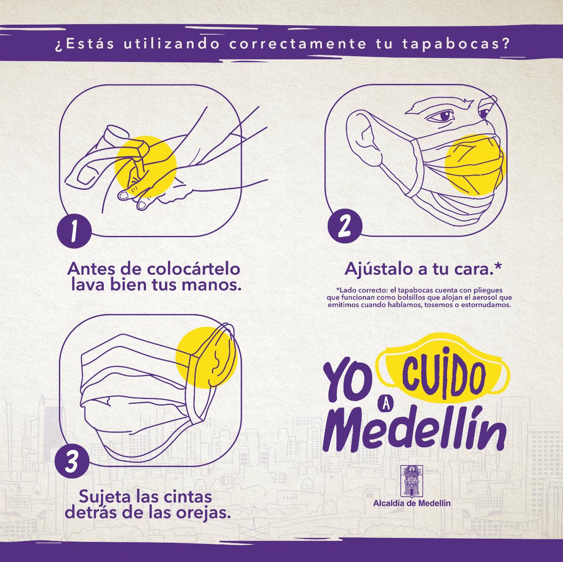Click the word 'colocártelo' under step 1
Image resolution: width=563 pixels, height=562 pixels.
(x=193, y=269)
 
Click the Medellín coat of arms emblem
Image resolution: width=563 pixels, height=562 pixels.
(x=411, y=480)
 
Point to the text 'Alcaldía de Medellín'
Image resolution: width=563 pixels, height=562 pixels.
(x=411, y=503)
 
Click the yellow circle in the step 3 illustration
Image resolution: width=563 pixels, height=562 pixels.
(x=206, y=357)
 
